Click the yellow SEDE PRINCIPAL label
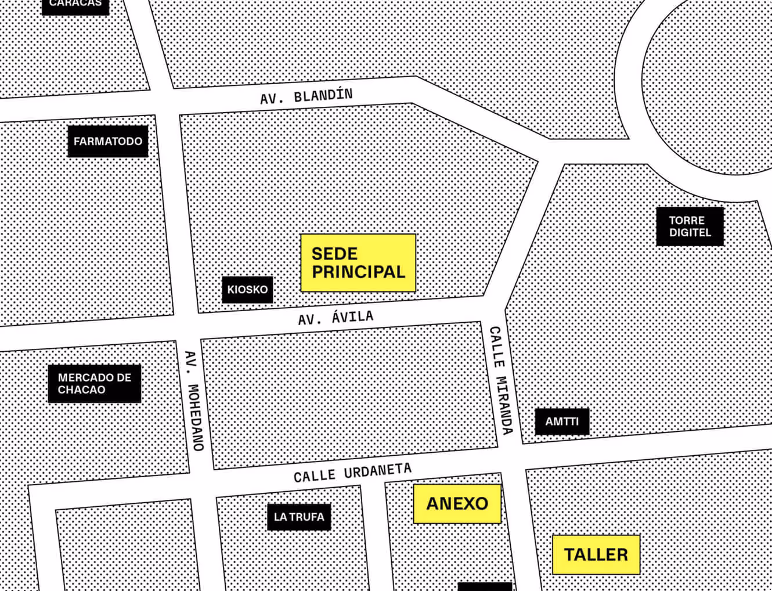tap(358, 263)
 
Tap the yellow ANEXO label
tap(457, 503)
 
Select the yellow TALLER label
tap(596, 554)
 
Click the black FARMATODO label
tap(108, 141)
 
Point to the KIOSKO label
tap(247, 289)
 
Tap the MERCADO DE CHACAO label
tap(95, 383)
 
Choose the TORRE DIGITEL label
tap(690, 226)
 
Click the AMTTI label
tap(561, 421)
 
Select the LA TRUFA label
tap(299, 517)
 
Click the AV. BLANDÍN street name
tap(306, 96)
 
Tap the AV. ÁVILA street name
tap(336, 318)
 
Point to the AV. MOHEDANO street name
tap(194, 401)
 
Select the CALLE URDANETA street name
tap(352, 473)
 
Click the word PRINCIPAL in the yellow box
tap(358, 272)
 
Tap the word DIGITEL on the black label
tap(690, 233)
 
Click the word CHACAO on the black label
tap(81, 390)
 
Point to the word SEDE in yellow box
tap(334, 254)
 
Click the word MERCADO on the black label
tap(81, 377)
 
